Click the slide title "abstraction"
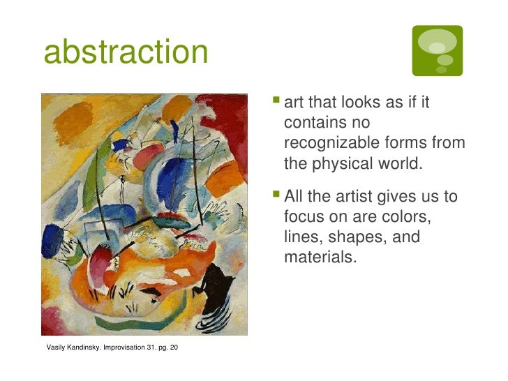(x=126, y=52)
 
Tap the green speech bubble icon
(x=437, y=50)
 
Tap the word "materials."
(x=320, y=257)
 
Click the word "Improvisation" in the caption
(x=124, y=347)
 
